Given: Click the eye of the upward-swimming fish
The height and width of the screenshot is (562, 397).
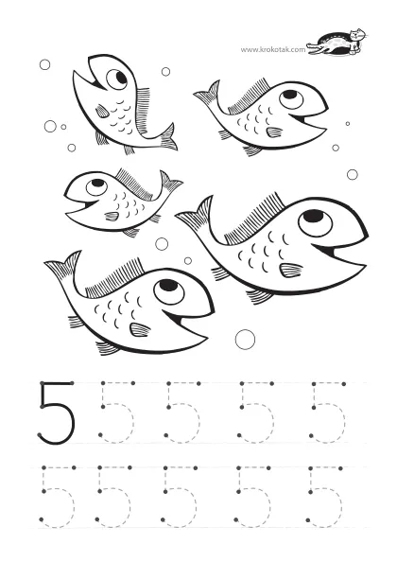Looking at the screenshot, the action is coord(116,79).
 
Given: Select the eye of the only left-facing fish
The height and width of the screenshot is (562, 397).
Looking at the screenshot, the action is coord(96,186).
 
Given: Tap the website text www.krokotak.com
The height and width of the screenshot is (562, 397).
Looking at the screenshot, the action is coord(273,49).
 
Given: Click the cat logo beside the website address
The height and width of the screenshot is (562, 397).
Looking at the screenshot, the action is coord(337,43).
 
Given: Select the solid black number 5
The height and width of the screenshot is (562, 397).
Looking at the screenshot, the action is coord(56,413).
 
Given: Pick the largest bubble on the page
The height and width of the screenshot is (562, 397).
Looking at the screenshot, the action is coord(245,339).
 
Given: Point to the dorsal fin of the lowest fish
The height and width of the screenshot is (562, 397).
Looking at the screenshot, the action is coord(114,278).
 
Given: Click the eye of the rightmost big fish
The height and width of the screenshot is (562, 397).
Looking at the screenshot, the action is coord(315,223).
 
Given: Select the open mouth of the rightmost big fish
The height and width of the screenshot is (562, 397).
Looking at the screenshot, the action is coord(338,253).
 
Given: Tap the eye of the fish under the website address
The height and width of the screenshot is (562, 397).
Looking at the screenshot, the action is coord(291,99).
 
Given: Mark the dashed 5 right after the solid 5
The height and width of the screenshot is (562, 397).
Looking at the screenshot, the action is coord(117,413).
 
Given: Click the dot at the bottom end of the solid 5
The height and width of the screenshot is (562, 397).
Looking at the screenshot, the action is coord(40,435).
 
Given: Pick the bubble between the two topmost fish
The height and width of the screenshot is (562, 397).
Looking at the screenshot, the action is coord(165,72).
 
